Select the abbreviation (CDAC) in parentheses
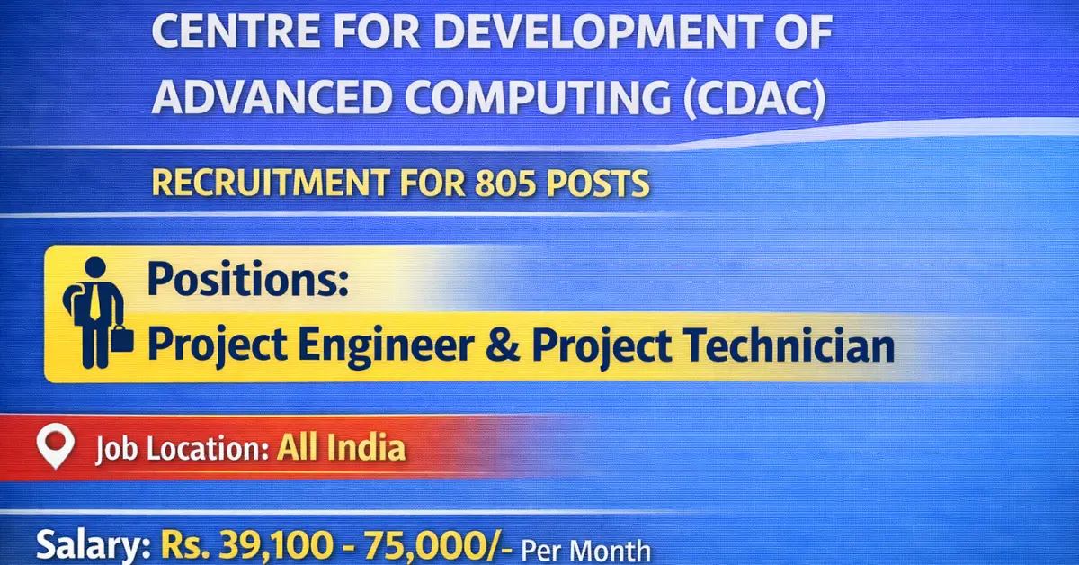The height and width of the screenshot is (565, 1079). coord(754,97)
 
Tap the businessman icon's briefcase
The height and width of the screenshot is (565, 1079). coord(123,340)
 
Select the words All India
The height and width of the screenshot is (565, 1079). coord(341,447)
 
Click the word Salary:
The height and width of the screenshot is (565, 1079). coord(94,546)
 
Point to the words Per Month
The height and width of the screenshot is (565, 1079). coord(585,549)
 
